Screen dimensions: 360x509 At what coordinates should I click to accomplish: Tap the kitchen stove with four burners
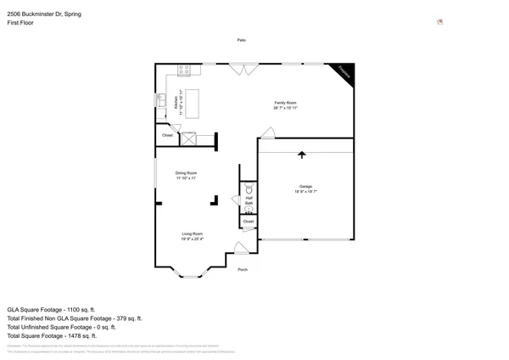coord(182,69)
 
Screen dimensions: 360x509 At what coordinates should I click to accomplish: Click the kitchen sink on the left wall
coord(159,101)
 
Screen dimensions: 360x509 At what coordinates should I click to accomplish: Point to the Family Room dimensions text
coord(286,108)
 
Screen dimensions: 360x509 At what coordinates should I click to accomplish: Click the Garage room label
coord(305,186)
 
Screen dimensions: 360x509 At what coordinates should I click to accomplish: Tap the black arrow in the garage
coord(301,155)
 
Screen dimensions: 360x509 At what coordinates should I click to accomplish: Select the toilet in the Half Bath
coord(249,191)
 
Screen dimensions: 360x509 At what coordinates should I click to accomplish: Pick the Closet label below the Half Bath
coord(248,222)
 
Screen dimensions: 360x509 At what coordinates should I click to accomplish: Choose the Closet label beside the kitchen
coord(167,135)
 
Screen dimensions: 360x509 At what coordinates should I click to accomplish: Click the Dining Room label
coord(187,173)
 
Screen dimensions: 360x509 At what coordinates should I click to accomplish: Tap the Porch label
coord(243,269)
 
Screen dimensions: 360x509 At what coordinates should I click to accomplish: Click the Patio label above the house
coord(242,40)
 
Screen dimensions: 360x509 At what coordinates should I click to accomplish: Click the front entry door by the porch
coord(241,248)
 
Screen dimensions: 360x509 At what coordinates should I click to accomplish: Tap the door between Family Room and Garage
coord(268,133)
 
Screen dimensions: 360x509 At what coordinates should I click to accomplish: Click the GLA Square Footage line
coord(52,310)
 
